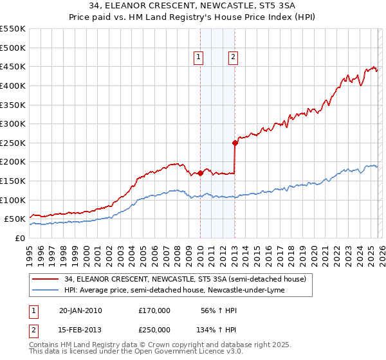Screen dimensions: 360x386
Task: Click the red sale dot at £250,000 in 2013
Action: [235, 143]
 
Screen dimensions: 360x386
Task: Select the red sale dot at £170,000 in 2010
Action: [200, 173]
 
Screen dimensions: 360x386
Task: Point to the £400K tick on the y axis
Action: [13, 85]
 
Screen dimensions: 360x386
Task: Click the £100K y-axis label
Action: [13, 200]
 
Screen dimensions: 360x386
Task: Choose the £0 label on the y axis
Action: [19, 238]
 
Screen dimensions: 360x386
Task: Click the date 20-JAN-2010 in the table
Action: [80, 310]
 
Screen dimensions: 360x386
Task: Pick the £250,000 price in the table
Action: [154, 329]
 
